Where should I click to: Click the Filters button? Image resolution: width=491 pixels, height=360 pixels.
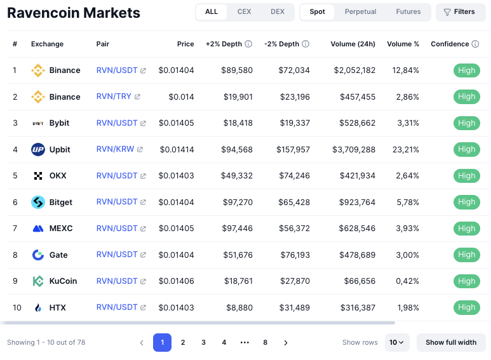(x=460, y=12)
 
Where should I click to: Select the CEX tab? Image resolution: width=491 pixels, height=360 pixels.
(x=244, y=12)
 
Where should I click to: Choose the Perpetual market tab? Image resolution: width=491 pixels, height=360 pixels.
(x=360, y=12)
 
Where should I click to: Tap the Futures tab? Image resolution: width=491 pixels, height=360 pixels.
(x=408, y=12)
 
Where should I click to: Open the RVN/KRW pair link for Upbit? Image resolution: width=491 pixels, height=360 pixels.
(x=115, y=149)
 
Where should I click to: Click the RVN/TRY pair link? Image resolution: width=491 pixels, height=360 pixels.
(x=114, y=97)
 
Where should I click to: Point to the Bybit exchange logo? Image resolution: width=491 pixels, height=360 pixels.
(x=37, y=123)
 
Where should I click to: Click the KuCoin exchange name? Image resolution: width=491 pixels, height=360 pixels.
(x=63, y=281)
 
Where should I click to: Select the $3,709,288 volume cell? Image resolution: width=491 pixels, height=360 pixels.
(x=353, y=150)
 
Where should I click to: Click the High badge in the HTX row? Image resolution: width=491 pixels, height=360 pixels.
(x=466, y=307)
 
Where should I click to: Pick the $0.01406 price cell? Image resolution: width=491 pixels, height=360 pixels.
(x=177, y=281)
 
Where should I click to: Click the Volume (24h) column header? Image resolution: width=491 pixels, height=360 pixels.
(x=353, y=44)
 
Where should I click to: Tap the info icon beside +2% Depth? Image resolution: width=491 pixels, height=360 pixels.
(x=248, y=44)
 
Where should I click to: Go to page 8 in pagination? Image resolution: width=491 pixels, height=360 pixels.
(x=265, y=343)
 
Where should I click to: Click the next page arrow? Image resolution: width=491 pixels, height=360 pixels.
(x=286, y=343)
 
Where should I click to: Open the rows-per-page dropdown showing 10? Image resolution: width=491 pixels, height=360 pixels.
(x=397, y=343)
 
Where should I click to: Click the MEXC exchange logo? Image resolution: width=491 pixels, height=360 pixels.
(x=37, y=229)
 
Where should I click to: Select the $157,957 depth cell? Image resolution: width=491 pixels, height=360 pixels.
(x=293, y=150)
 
